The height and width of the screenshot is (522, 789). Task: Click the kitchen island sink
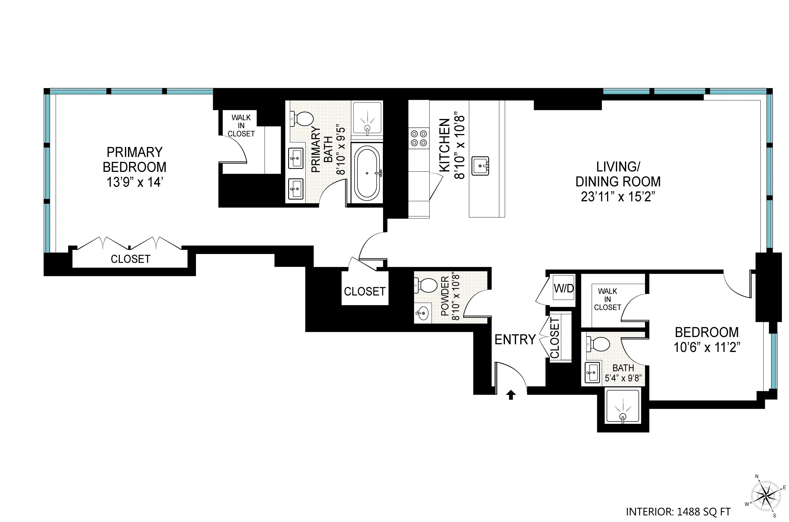(480, 166)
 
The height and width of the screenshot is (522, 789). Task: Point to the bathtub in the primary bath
(367, 173)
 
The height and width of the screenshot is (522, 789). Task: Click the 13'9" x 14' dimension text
(134, 182)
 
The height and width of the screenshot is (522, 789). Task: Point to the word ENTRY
(515, 340)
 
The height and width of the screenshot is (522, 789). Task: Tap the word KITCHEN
(445, 146)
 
